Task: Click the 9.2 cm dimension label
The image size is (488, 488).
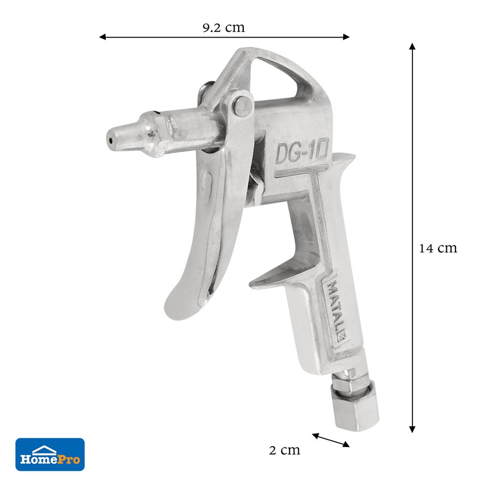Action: pos(224,28)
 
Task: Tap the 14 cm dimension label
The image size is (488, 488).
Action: pos(438,248)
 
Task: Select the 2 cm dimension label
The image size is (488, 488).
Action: pos(285,450)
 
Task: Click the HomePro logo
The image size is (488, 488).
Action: pos(50,454)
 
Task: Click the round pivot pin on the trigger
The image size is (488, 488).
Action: pos(243,105)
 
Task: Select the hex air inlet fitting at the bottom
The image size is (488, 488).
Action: pos(357,401)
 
